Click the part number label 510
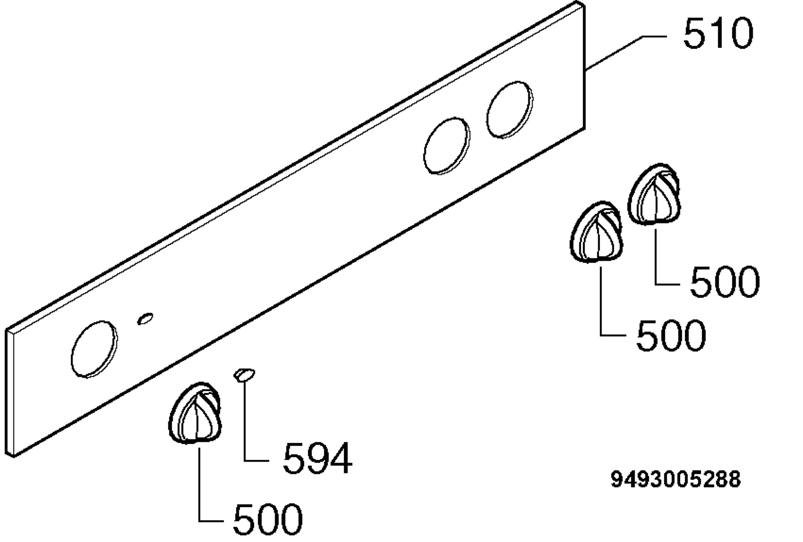(718, 33)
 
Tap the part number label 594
(318, 458)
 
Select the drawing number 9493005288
(676, 479)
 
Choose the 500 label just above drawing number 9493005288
(671, 335)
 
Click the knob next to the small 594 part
(195, 413)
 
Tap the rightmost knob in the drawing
(654, 194)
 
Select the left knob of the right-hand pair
(597, 232)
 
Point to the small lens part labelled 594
(245, 375)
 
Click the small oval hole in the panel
(145, 319)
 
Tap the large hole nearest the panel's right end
(510, 110)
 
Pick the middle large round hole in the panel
(447, 146)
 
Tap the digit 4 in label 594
(341, 458)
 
